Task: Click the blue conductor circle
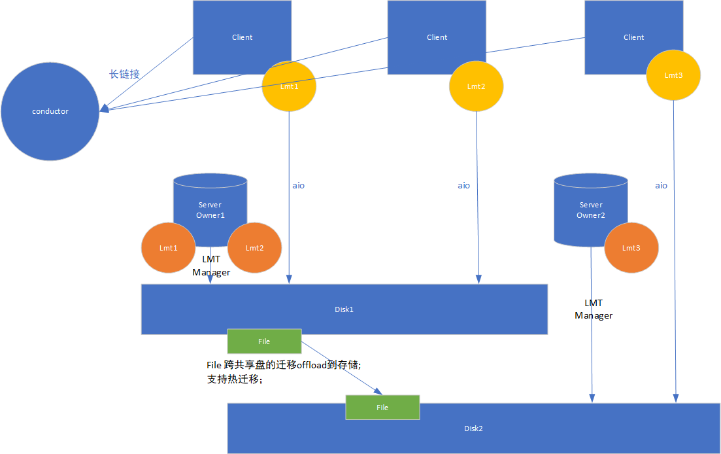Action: point(50,111)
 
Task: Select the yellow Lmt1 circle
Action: point(289,86)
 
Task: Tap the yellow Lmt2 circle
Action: point(477,86)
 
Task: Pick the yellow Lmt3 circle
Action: point(673,75)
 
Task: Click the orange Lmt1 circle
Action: point(168,248)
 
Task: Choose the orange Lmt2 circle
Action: point(254,248)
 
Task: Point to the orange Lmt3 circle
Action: point(631,248)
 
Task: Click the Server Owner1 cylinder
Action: point(210,203)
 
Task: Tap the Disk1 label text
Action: point(344,309)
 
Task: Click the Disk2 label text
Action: point(473,428)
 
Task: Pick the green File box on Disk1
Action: point(264,341)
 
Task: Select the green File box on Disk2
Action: point(382,408)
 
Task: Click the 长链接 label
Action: point(124,74)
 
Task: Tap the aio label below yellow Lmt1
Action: point(298,185)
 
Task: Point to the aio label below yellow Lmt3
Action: point(662,185)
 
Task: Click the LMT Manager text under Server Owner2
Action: point(594,309)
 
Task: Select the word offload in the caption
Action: point(312,364)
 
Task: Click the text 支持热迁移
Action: point(234,379)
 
